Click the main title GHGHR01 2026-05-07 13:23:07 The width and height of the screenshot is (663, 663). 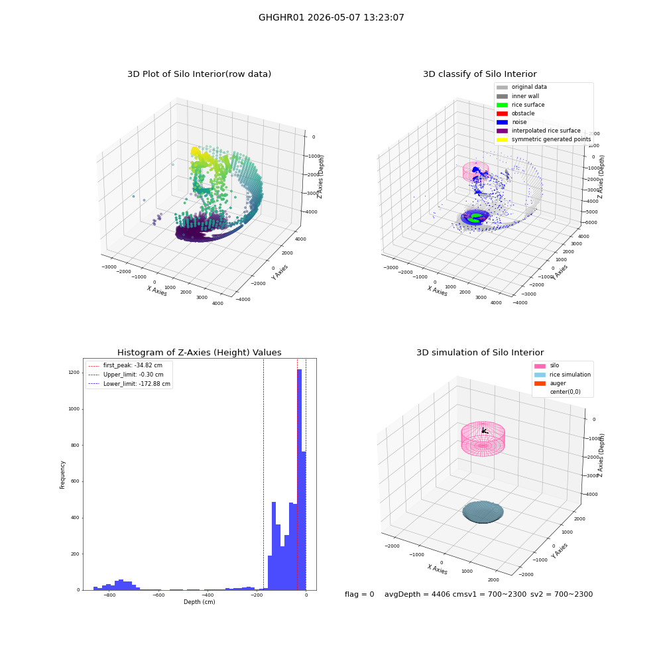click(x=331, y=17)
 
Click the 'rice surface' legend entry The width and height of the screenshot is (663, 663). click(x=520, y=105)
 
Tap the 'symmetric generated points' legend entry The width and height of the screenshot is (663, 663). click(x=544, y=139)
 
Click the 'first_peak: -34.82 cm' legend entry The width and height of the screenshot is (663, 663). click(x=125, y=365)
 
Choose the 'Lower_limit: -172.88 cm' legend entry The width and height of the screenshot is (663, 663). click(x=129, y=384)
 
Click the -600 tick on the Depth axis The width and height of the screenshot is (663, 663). click(x=158, y=595)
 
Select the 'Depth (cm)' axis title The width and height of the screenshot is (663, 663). click(x=200, y=602)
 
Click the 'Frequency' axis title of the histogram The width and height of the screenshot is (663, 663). click(x=62, y=475)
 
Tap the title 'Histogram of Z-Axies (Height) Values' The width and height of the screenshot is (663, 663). click(x=199, y=352)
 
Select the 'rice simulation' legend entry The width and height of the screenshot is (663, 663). click(x=562, y=375)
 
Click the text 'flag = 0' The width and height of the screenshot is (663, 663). click(x=359, y=594)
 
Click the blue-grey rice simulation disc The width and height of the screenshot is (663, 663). click(x=483, y=512)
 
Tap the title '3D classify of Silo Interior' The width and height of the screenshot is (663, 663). click(x=480, y=74)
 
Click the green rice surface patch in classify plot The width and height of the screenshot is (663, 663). click(x=476, y=217)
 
